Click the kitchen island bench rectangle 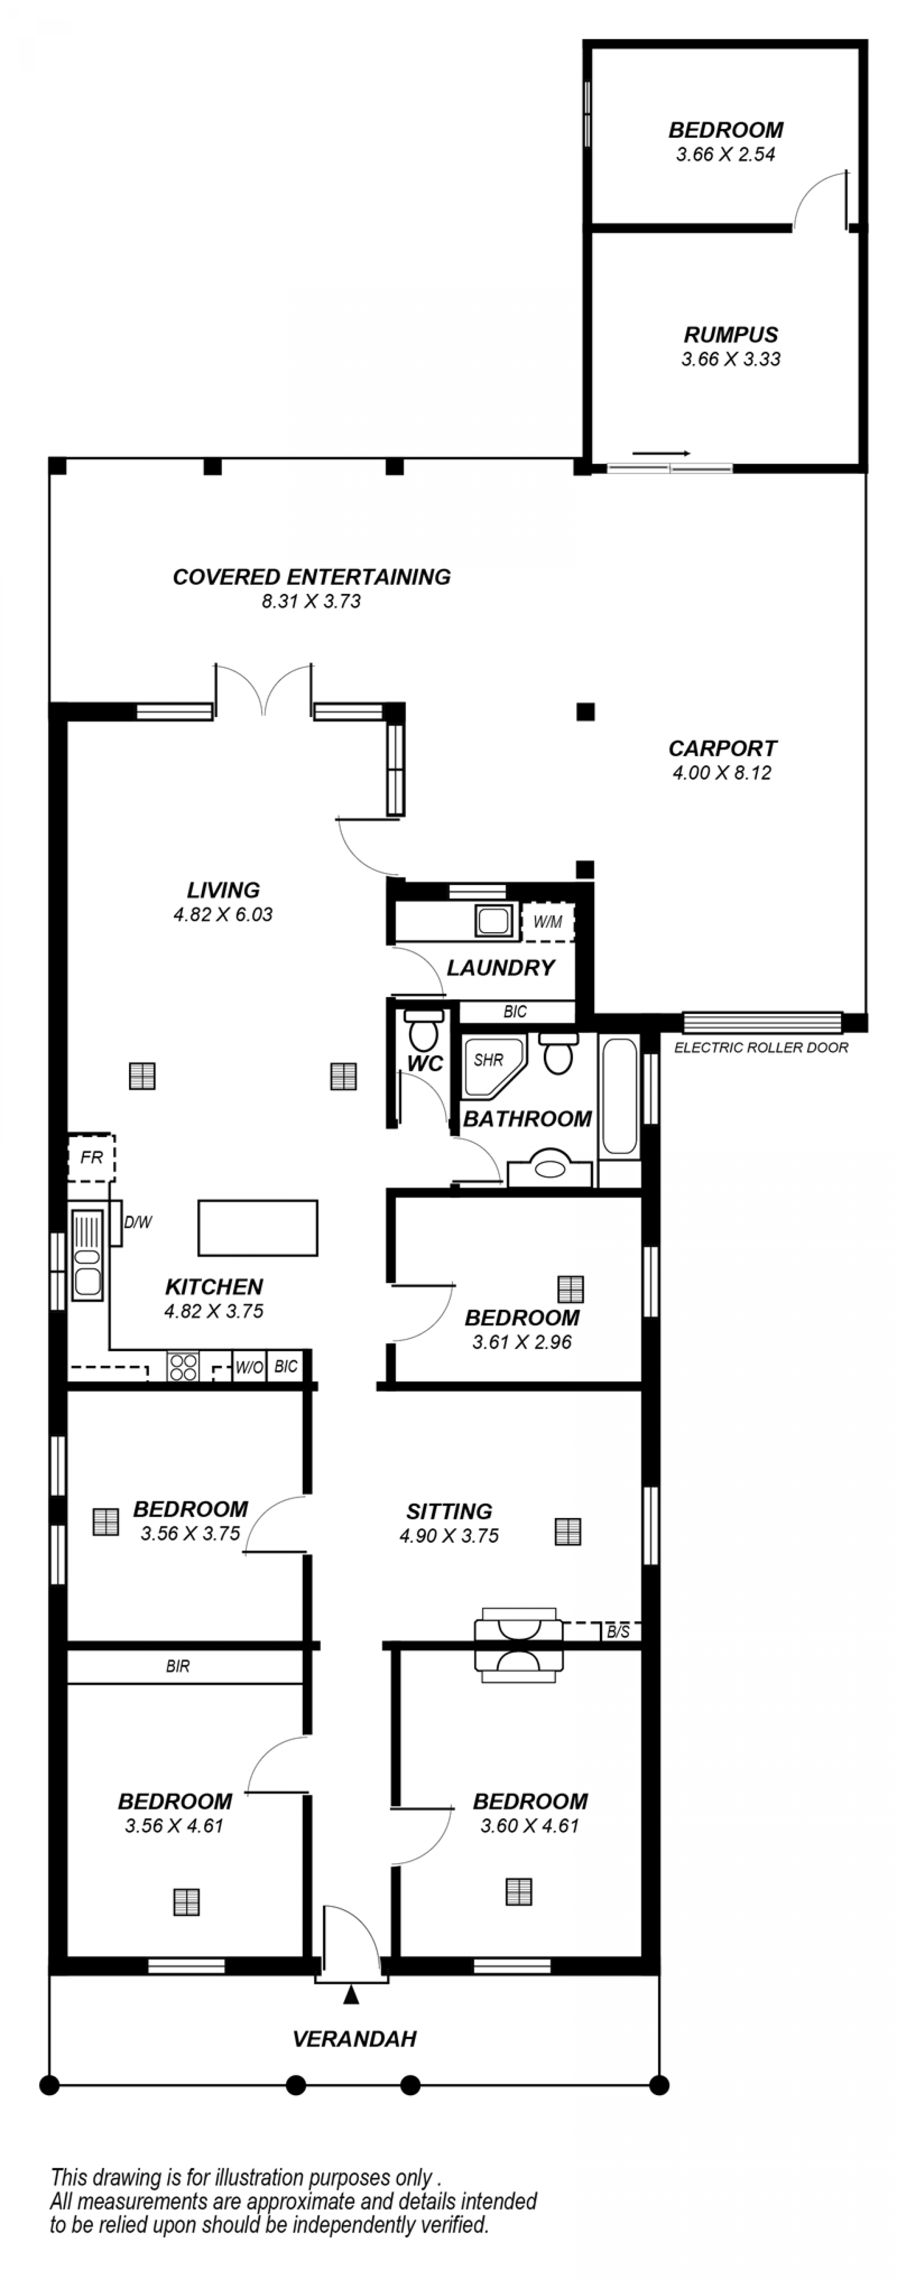pyautogui.click(x=258, y=1228)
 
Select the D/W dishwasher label pyautogui.click(x=138, y=1222)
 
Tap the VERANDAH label pyautogui.click(x=354, y=2039)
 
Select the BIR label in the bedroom pyautogui.click(x=178, y=1667)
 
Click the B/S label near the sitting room pyautogui.click(x=618, y=1631)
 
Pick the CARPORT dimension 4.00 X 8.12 pyautogui.click(x=722, y=773)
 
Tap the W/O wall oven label pyautogui.click(x=249, y=1367)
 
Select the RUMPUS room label pyautogui.click(x=731, y=335)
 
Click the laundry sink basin pyautogui.click(x=493, y=921)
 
